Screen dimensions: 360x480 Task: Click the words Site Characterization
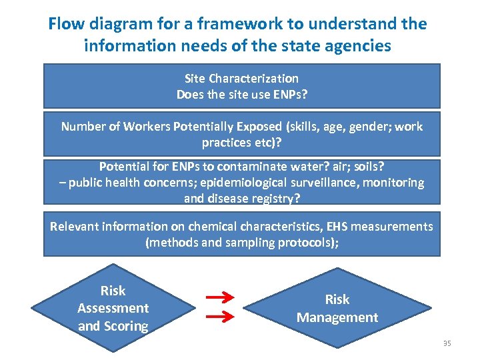[x=241, y=79]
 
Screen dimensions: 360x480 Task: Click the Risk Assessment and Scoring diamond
[x=113, y=308]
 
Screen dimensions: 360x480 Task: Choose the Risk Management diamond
[x=337, y=308]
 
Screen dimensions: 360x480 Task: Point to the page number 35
[x=447, y=343]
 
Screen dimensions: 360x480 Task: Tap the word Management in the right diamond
[x=337, y=317]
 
